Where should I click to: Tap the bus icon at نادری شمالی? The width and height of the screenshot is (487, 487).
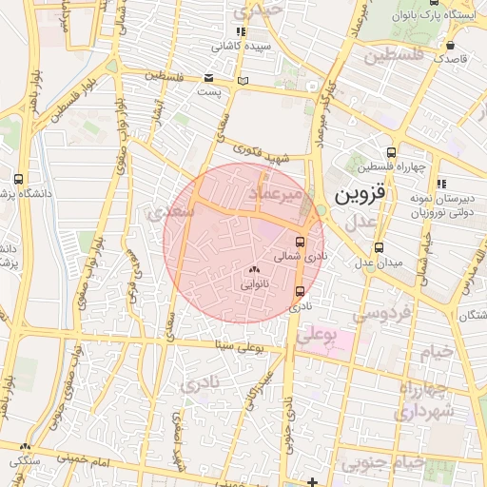(x=301, y=243)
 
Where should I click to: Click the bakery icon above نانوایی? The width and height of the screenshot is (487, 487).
(x=254, y=270)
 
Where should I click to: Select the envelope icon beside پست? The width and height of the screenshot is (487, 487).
(x=208, y=78)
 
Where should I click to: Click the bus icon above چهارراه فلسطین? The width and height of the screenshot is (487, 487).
(x=391, y=152)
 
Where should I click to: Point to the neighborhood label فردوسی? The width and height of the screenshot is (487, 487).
(x=381, y=312)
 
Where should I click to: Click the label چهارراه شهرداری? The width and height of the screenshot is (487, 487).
(x=441, y=400)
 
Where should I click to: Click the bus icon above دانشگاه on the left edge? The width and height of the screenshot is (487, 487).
(x=19, y=179)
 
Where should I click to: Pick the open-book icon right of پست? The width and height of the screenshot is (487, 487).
(x=243, y=79)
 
